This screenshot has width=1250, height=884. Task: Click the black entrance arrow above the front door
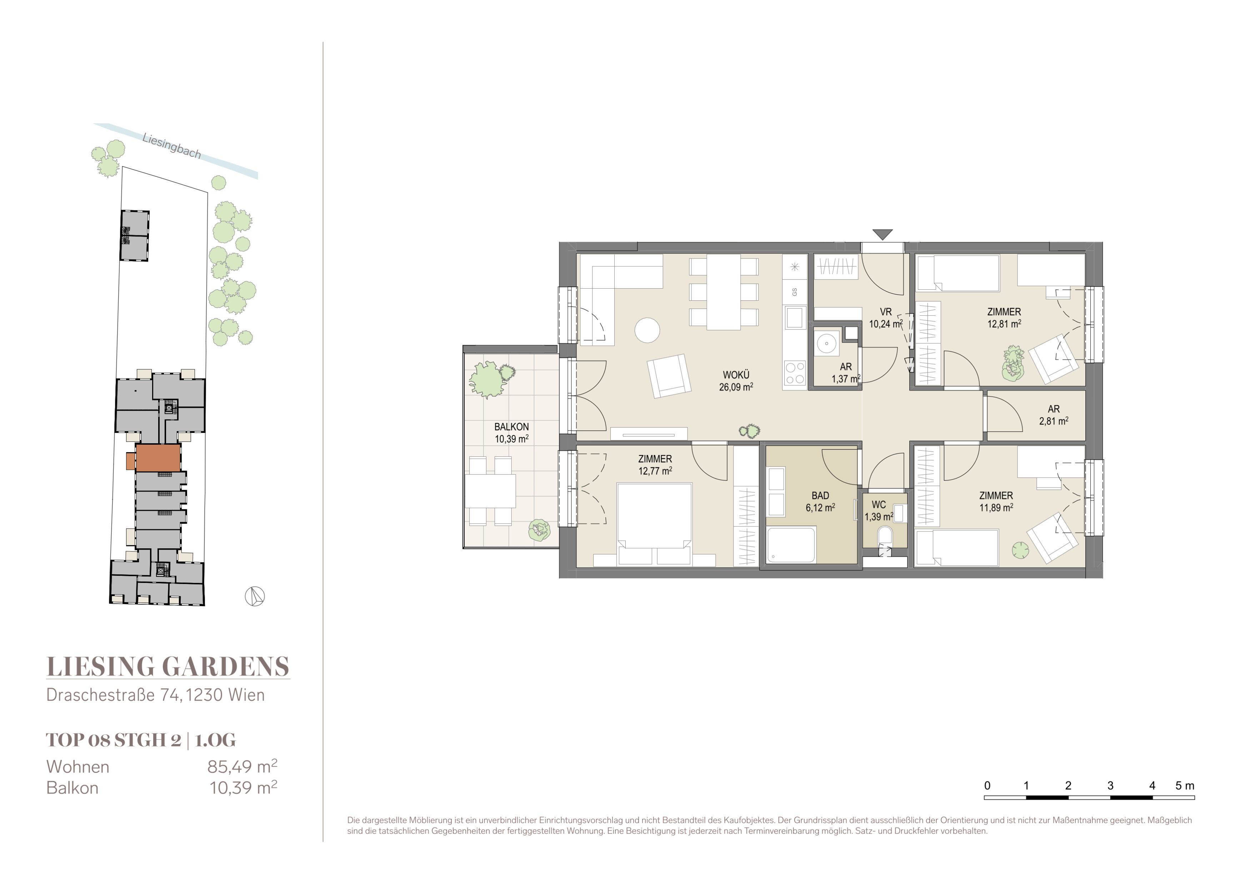[x=882, y=234]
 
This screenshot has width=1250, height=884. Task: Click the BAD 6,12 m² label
[x=820, y=501]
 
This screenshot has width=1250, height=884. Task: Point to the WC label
[x=879, y=505]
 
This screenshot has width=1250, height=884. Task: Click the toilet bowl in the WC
[x=885, y=536]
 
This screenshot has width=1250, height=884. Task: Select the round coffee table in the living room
[x=647, y=330]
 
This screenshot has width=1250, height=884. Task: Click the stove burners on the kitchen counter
[x=795, y=373]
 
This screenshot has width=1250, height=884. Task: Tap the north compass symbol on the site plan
[x=255, y=596]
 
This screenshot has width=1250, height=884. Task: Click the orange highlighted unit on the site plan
[x=158, y=458]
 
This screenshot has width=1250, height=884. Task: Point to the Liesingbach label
[x=171, y=146]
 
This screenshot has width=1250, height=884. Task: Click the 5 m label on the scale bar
[x=1185, y=785]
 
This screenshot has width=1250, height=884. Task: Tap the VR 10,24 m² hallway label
[x=886, y=318]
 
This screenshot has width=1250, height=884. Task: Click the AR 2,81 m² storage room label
[x=1054, y=415]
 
